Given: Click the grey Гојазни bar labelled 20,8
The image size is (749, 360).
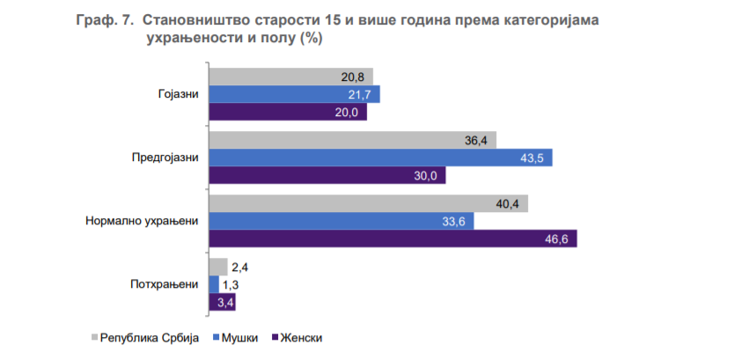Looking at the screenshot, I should point(290,77).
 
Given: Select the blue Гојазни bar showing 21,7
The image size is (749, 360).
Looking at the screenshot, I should point(294,94).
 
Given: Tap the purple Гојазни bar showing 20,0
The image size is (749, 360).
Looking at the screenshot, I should point(287,113).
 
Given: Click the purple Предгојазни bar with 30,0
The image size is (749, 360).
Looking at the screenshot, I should point(327,175).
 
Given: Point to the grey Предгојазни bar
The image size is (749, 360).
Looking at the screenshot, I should point(352,140).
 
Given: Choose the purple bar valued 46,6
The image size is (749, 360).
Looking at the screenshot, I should point(393,239).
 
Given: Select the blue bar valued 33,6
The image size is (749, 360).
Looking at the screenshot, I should point(341,221).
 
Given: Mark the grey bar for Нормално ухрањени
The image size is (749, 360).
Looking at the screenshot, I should point(367,203).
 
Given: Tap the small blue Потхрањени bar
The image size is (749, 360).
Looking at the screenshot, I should point(214,284).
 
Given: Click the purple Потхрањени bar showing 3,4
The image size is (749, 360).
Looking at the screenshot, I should point(221,302).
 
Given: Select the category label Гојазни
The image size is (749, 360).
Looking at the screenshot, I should point(179,94).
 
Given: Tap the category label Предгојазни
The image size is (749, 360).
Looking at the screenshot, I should point(165,158).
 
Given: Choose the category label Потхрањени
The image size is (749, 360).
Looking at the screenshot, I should point(164,284).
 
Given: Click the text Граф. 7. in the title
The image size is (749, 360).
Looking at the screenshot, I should point(105,19).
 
